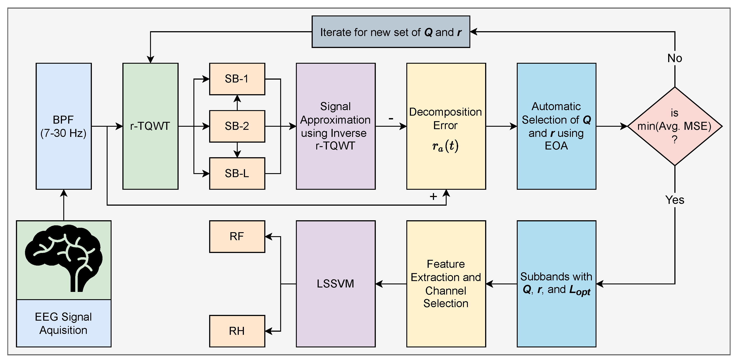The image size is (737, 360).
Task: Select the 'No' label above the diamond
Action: pyautogui.click(x=675, y=58)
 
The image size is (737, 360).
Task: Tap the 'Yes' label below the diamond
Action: pyautogui.click(x=675, y=200)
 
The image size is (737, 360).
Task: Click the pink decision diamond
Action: pyautogui.click(x=675, y=126)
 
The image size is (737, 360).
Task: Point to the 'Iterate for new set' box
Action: pyautogui.click(x=391, y=32)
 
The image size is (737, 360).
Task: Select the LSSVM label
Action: pyautogui.click(x=335, y=284)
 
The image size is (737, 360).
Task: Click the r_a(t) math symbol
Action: pyautogui.click(x=446, y=146)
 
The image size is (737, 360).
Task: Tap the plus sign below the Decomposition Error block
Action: pyautogui.click(x=433, y=196)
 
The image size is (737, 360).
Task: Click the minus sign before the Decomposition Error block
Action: pyautogui.click(x=391, y=118)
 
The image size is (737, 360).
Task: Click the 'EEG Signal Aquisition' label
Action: pyautogui.click(x=63, y=323)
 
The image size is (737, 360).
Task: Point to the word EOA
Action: pyautogui.click(x=556, y=146)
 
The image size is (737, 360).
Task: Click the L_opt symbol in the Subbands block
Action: pyautogui.click(x=580, y=290)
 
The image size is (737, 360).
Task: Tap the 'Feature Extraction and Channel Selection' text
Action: pyautogui.click(x=446, y=284)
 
